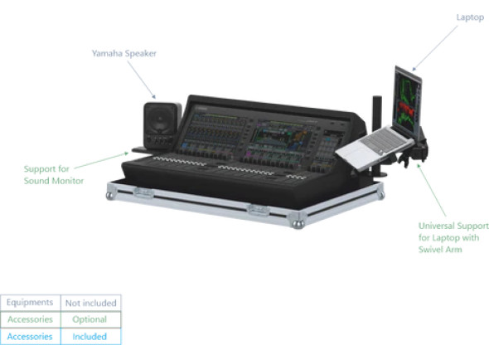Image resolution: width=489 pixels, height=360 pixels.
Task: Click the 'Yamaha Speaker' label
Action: tap(123, 53)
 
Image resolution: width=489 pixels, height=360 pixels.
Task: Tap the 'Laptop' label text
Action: tap(470, 17)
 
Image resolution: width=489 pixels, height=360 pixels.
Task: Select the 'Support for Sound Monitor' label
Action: tap(54, 175)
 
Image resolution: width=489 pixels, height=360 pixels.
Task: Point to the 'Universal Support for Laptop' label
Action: tap(453, 237)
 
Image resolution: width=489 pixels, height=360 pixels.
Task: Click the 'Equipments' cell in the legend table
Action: tap(30, 303)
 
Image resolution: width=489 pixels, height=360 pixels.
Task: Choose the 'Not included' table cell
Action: tap(90, 303)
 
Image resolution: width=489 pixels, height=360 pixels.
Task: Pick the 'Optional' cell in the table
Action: tap(90, 319)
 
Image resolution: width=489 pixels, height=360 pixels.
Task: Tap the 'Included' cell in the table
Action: tap(90, 337)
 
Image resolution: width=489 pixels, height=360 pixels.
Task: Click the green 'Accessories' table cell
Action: tap(30, 319)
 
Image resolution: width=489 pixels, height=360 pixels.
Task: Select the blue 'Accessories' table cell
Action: tap(30, 337)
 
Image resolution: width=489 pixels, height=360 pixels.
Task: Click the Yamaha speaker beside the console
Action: tap(162, 125)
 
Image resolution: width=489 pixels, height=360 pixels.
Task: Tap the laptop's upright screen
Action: tap(407, 100)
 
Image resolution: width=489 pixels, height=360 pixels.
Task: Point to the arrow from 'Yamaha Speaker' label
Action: tap(141, 80)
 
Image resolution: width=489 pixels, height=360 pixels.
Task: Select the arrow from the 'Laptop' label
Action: tap(435, 48)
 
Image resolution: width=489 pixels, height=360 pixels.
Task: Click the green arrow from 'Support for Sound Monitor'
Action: tap(101, 160)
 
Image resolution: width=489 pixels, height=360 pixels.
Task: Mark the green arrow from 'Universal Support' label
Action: tap(432, 190)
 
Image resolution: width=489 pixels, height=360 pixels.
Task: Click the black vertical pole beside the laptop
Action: tap(377, 134)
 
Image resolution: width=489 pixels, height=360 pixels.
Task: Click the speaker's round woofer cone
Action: tap(160, 119)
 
